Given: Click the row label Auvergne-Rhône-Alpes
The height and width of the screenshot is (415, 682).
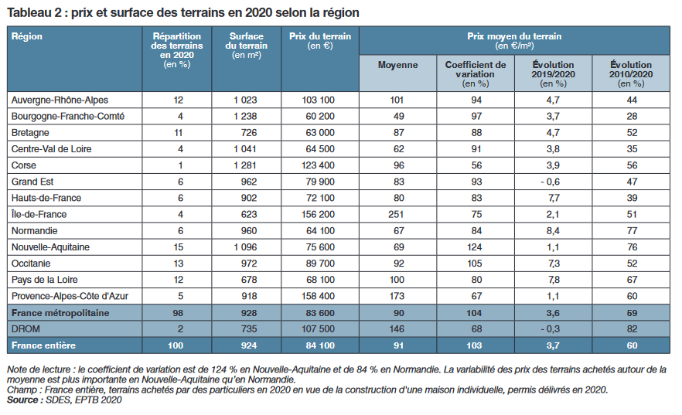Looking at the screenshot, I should coord(60,100).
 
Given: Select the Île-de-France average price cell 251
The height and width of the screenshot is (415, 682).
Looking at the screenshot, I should coord(397,214).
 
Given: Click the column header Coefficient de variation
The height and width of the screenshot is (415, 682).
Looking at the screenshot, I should coord(476,70).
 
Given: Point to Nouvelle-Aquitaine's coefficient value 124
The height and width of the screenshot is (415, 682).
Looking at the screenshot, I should coord(476,247).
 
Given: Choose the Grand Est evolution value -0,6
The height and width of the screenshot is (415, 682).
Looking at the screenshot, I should coord(553,182).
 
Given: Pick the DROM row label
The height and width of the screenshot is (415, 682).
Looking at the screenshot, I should coord(27,328).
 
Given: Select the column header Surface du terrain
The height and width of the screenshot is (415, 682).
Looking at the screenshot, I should coord(246,41).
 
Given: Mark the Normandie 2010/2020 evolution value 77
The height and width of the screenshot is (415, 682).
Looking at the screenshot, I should coord(630,230).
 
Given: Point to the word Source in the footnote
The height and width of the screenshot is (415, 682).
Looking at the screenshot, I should coord(24,400).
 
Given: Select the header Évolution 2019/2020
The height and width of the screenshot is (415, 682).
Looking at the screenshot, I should coord(553,70).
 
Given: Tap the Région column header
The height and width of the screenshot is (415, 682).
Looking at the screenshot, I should coord(27,36).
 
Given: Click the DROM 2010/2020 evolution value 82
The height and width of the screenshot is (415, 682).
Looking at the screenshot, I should coord(630,328).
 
